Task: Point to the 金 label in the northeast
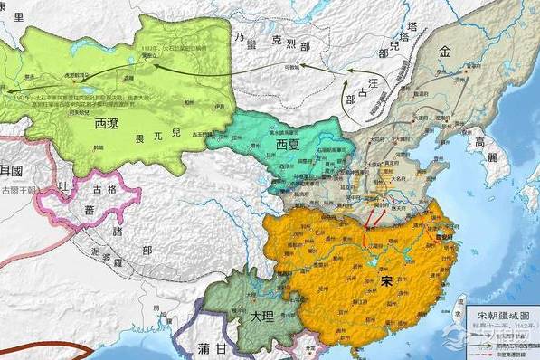pyautogui.click(x=444, y=52)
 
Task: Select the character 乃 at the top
pyautogui.click(x=239, y=34)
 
